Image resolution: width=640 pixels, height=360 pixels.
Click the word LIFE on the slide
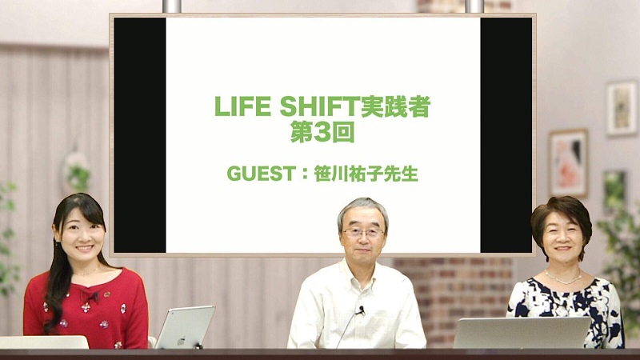tap(242, 106)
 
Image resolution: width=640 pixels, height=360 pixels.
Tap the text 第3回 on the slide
tap(322, 132)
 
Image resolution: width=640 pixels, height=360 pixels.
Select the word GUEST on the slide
tap(262, 174)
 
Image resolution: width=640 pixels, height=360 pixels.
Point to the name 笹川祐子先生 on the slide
tap(366, 174)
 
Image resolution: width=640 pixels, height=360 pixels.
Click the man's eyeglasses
tap(363, 233)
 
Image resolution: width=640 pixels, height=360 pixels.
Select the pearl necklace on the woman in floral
tap(563, 278)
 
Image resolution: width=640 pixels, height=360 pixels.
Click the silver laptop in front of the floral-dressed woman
tap(522, 332)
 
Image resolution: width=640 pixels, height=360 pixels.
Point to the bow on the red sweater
tap(89, 295)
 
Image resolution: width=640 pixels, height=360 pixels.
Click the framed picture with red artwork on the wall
tap(569, 163)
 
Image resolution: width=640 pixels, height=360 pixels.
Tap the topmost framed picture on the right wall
tap(622, 108)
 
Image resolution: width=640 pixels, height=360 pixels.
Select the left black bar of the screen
tap(140, 135)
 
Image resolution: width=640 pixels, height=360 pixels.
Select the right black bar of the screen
tap(506, 135)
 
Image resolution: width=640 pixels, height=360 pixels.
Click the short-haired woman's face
tap(562, 238)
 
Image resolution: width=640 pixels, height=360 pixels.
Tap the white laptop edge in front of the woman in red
tap(44, 342)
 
